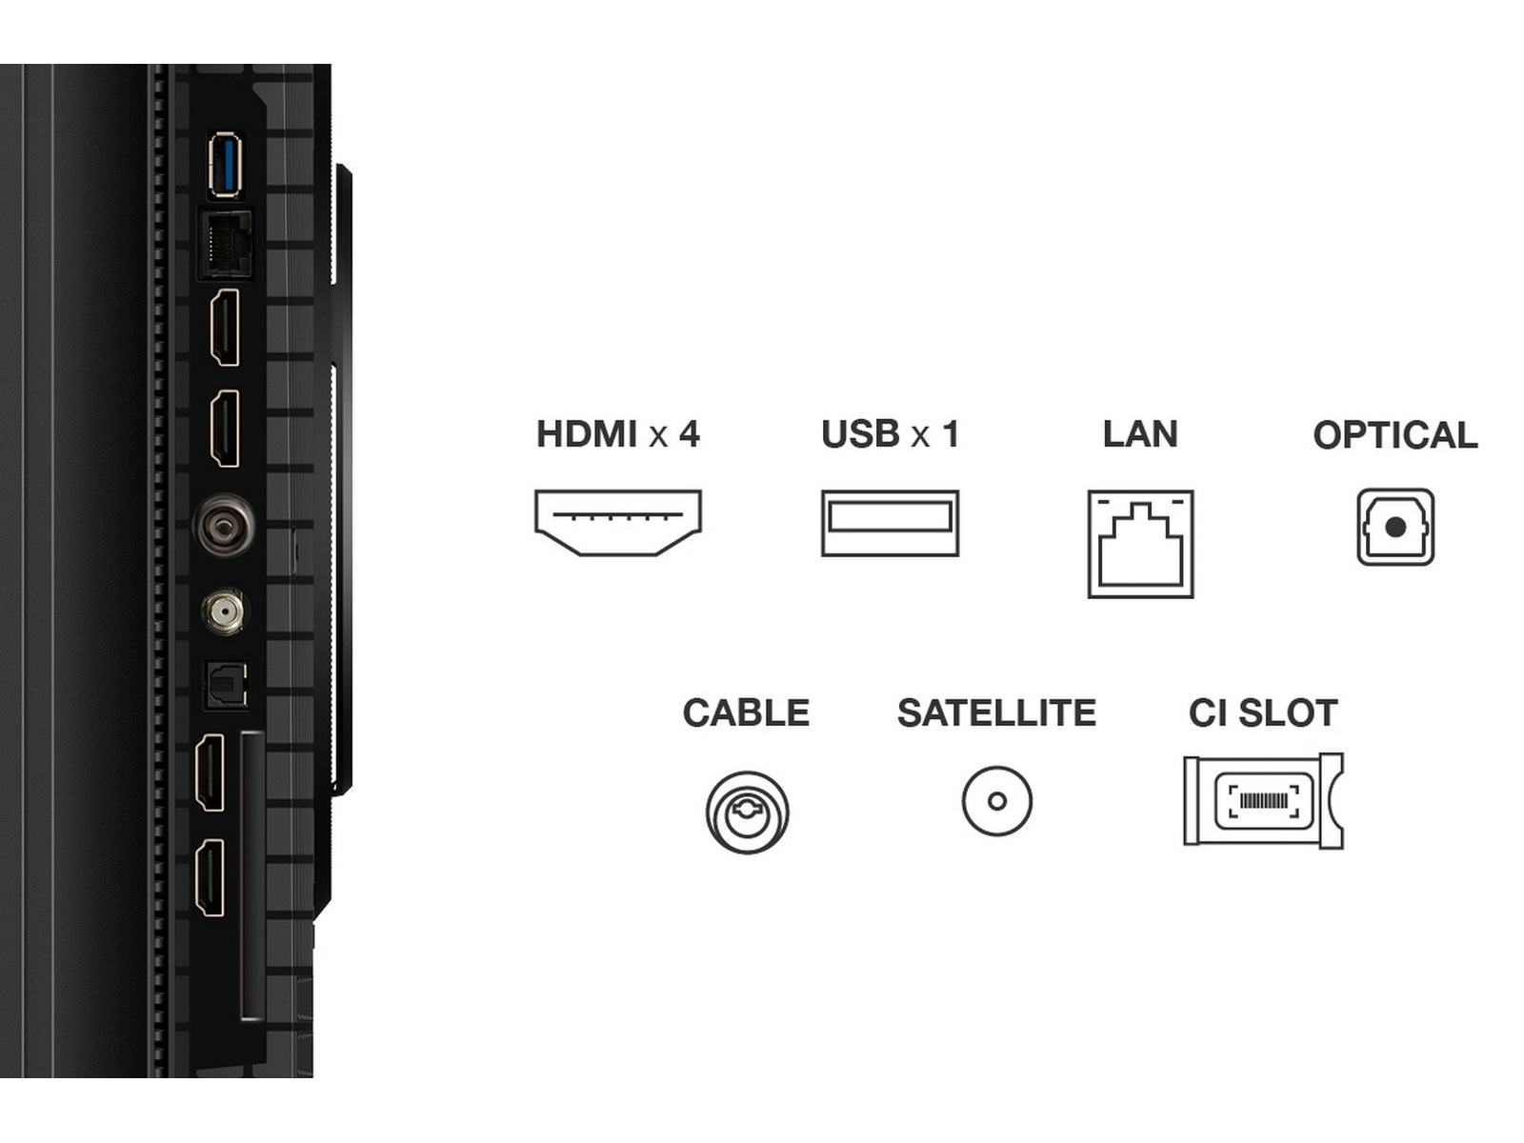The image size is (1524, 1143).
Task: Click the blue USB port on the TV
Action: click(225, 165)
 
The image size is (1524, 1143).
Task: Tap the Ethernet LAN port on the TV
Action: click(226, 244)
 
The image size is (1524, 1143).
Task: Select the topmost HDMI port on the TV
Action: click(225, 327)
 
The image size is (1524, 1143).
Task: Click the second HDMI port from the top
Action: click(225, 428)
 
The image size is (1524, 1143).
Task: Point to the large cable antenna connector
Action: click(225, 524)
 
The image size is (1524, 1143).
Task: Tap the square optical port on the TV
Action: click(226, 685)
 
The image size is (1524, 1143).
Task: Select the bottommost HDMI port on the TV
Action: click(210, 877)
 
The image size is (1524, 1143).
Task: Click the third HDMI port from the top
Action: click(210, 772)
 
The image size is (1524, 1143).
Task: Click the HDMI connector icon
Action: click(617, 523)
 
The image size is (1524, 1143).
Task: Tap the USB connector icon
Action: click(890, 523)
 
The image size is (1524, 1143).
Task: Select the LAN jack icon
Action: click(1140, 544)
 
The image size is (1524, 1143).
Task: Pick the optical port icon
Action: click(1395, 527)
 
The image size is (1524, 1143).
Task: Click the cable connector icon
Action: click(747, 812)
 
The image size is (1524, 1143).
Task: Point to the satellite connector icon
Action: click(996, 801)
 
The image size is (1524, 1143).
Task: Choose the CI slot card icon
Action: click(1263, 801)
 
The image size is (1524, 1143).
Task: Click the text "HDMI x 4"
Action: click(617, 434)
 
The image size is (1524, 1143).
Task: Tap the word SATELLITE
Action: click(996, 713)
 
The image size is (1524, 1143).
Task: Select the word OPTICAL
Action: click(1394, 435)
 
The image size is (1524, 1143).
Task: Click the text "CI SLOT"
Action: click(1263, 713)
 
